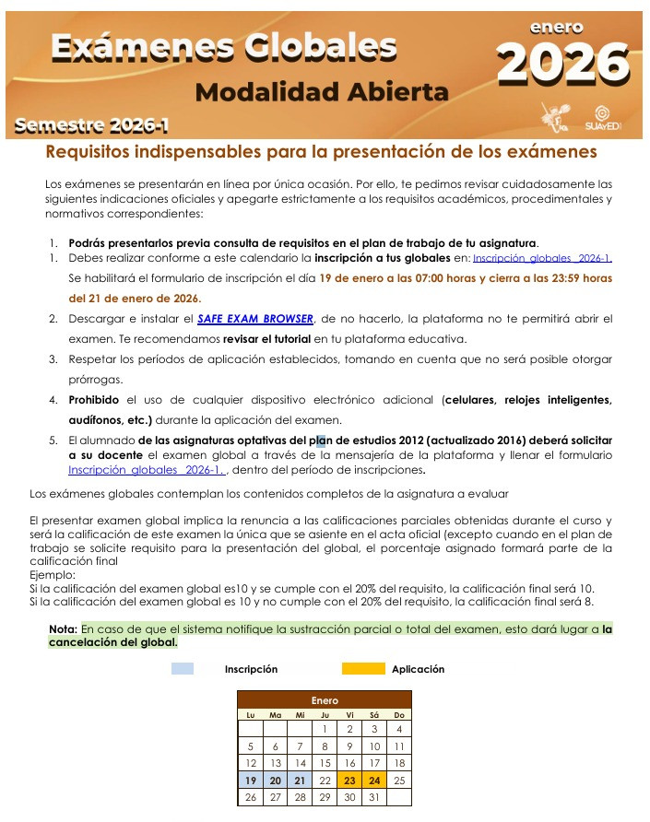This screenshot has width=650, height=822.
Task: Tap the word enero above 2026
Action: click(x=556, y=28)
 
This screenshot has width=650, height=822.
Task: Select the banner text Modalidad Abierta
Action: click(x=323, y=92)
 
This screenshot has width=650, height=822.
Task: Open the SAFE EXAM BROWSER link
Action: click(x=255, y=319)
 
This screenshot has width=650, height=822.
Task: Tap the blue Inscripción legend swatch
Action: click(x=183, y=669)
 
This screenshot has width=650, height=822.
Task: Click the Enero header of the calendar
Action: click(x=324, y=701)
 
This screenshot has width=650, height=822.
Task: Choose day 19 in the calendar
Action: click(x=250, y=780)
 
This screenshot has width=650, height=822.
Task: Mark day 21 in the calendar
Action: click(x=300, y=780)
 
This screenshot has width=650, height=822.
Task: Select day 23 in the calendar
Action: click(x=349, y=780)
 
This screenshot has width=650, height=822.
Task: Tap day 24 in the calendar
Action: click(x=374, y=780)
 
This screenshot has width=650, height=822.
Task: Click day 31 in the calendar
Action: click(x=374, y=797)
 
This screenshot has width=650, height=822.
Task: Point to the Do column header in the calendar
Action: click(x=398, y=715)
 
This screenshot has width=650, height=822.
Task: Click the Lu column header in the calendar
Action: click(x=250, y=715)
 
